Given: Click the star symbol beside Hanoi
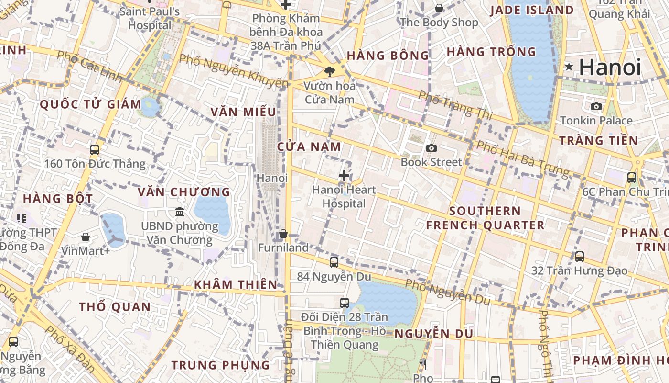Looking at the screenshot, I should click(569, 67).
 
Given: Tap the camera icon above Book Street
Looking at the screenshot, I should click(432, 148).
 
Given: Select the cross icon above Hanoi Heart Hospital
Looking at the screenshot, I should click(344, 176).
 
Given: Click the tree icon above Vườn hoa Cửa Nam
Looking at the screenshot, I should click(329, 72).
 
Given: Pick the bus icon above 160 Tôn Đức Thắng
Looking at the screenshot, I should click(95, 149).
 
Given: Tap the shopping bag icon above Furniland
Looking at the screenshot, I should click(283, 234).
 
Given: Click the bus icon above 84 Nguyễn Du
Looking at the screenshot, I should click(334, 262).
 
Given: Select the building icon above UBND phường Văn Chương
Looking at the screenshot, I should click(180, 212).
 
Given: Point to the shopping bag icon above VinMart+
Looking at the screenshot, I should click(86, 237).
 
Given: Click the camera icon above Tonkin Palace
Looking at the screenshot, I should click(596, 106).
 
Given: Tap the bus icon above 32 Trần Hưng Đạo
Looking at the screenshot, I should click(580, 256).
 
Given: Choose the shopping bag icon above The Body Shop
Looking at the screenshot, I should click(439, 8).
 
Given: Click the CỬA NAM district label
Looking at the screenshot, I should click(310, 147).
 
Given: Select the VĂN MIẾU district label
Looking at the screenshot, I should click(244, 112).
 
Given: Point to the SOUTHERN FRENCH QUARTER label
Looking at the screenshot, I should click(485, 218).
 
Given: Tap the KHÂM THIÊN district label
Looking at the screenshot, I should click(236, 285).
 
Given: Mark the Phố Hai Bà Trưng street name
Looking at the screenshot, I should click(524, 158).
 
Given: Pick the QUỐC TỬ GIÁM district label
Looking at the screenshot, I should click(91, 104).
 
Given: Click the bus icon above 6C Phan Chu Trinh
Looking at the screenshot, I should click(632, 177).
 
